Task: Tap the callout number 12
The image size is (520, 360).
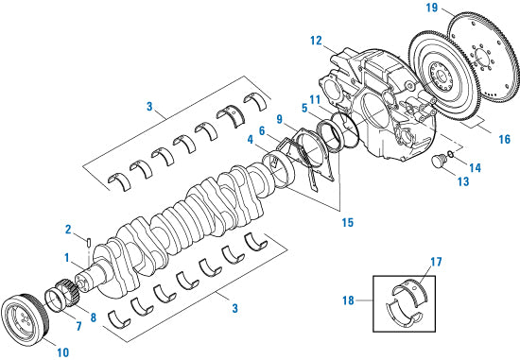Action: click(x=316, y=41)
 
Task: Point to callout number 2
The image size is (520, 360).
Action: click(x=68, y=230)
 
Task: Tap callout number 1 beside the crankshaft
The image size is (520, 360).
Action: click(x=66, y=257)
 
